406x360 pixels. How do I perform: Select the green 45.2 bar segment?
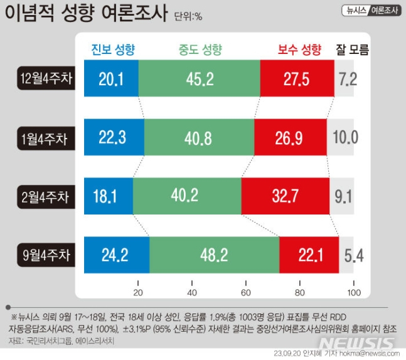[199, 79]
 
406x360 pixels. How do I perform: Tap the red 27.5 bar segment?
[297, 79]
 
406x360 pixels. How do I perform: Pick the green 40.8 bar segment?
[199, 137]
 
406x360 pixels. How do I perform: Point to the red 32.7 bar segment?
[285, 196]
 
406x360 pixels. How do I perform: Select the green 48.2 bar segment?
[214, 255]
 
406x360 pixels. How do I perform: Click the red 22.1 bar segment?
[309, 255]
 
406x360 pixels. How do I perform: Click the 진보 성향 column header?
[114, 49]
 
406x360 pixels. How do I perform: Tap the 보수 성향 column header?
[299, 49]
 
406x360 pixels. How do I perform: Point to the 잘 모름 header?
[352, 49]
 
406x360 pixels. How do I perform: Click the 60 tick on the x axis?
[246, 293]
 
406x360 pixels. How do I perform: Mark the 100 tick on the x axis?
[354, 293]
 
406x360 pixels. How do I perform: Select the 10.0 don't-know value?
[346, 137]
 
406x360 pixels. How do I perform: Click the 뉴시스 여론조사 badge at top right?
[373, 11]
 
